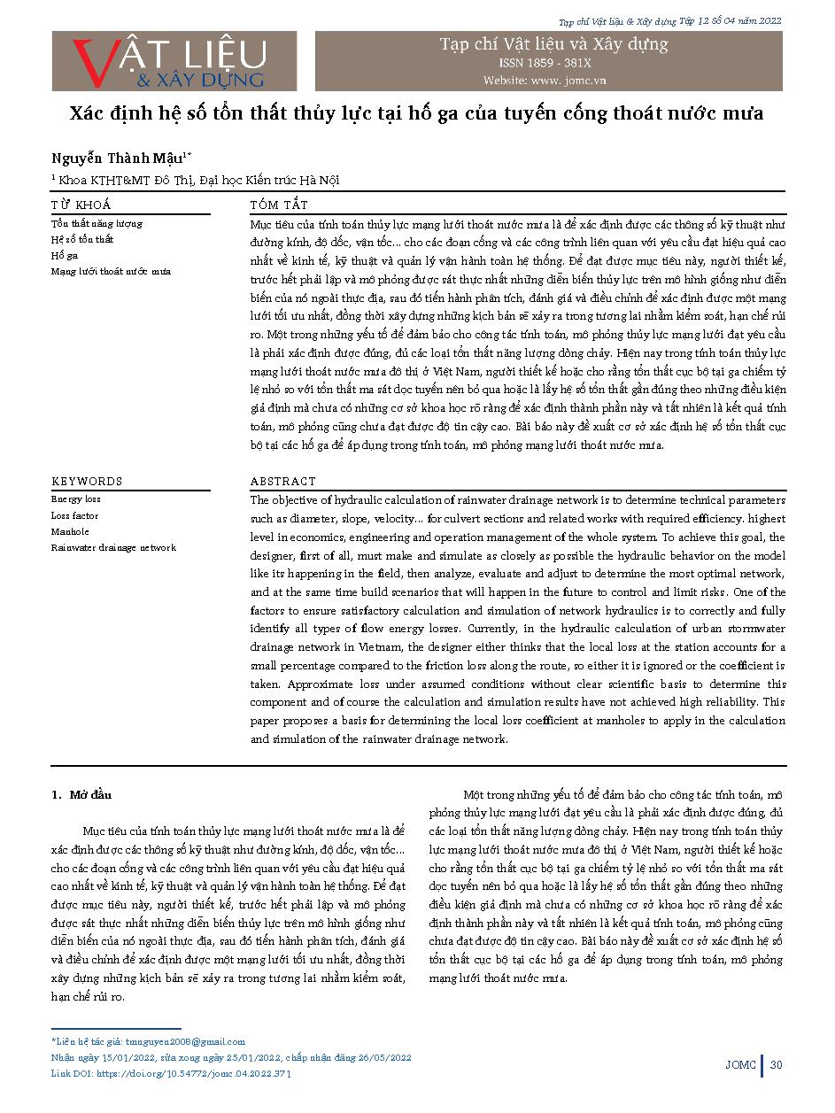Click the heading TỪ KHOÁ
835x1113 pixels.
[81, 204]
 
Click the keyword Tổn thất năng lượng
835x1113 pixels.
[97, 223]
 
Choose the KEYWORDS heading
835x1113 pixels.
[87, 482]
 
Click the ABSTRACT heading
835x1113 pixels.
[282, 482]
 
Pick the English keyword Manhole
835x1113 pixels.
[70, 531]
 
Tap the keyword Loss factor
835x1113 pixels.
[74, 515]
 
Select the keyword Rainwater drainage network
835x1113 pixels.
[113, 547]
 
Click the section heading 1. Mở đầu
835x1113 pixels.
[81, 794]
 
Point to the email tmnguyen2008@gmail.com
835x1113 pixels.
[186, 1041]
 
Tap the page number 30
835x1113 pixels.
[777, 1064]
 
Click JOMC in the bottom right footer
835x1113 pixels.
[739, 1064]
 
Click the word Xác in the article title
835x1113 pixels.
[89, 114]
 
